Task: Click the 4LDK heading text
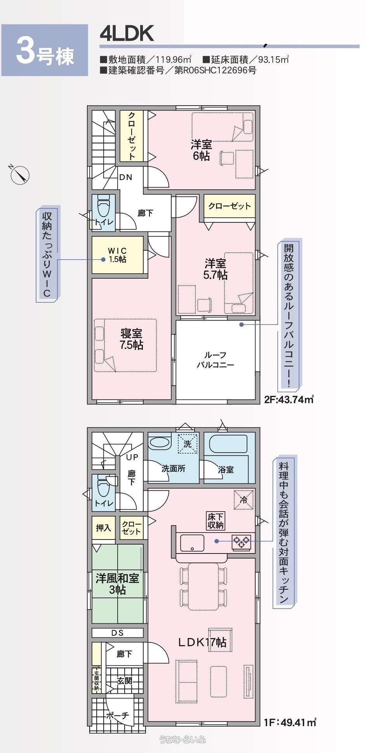[127, 34]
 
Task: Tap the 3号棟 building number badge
[45, 50]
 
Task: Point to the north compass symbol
[19, 174]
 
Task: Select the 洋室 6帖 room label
[201, 150]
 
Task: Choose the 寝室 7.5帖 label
[131, 339]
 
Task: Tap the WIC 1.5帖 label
[117, 255]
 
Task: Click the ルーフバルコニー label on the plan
[215, 360]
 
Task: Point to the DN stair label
[126, 177]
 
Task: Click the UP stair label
[132, 457]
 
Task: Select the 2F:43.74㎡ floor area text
[289, 399]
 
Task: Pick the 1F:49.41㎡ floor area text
[290, 722]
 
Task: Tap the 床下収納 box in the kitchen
[216, 521]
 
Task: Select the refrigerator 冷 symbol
[244, 500]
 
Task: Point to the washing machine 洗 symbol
[188, 444]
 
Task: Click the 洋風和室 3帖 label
[117, 584]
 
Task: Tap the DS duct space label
[117, 633]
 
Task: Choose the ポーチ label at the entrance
[117, 715]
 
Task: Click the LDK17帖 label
[202, 642]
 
